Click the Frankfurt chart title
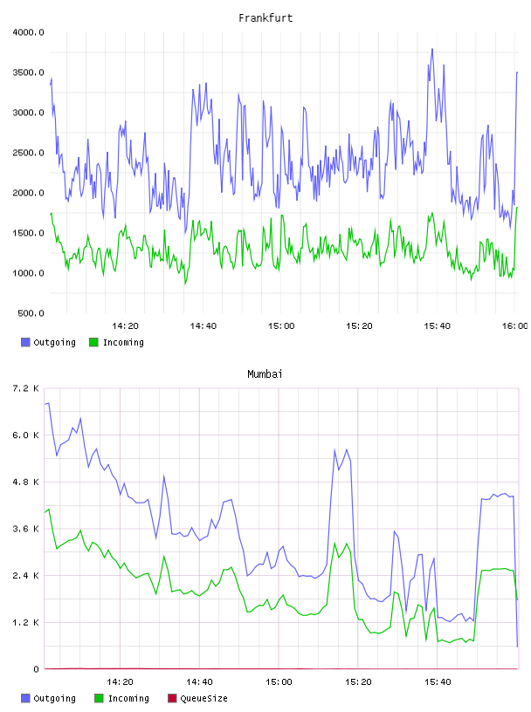[x=265, y=18]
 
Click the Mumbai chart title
[x=265, y=374]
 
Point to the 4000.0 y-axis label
[x=29, y=32]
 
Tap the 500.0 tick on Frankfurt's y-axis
[x=31, y=313]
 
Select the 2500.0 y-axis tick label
[x=29, y=153]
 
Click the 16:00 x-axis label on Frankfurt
[x=514, y=326]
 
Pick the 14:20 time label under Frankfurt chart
[x=125, y=326]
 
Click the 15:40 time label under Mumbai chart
[x=438, y=682]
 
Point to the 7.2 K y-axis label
[x=26, y=388]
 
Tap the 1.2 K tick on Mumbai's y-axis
[x=26, y=622]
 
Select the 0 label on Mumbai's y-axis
[x=37, y=669]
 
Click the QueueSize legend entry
[x=203, y=698]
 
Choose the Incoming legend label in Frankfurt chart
[x=123, y=342]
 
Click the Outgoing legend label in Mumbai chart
[x=54, y=698]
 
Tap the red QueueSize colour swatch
[x=172, y=698]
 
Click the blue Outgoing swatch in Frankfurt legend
[x=25, y=342]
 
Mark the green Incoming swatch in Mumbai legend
[x=99, y=698]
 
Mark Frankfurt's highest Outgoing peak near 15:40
[x=432, y=49]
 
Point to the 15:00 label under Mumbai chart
[x=279, y=682]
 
